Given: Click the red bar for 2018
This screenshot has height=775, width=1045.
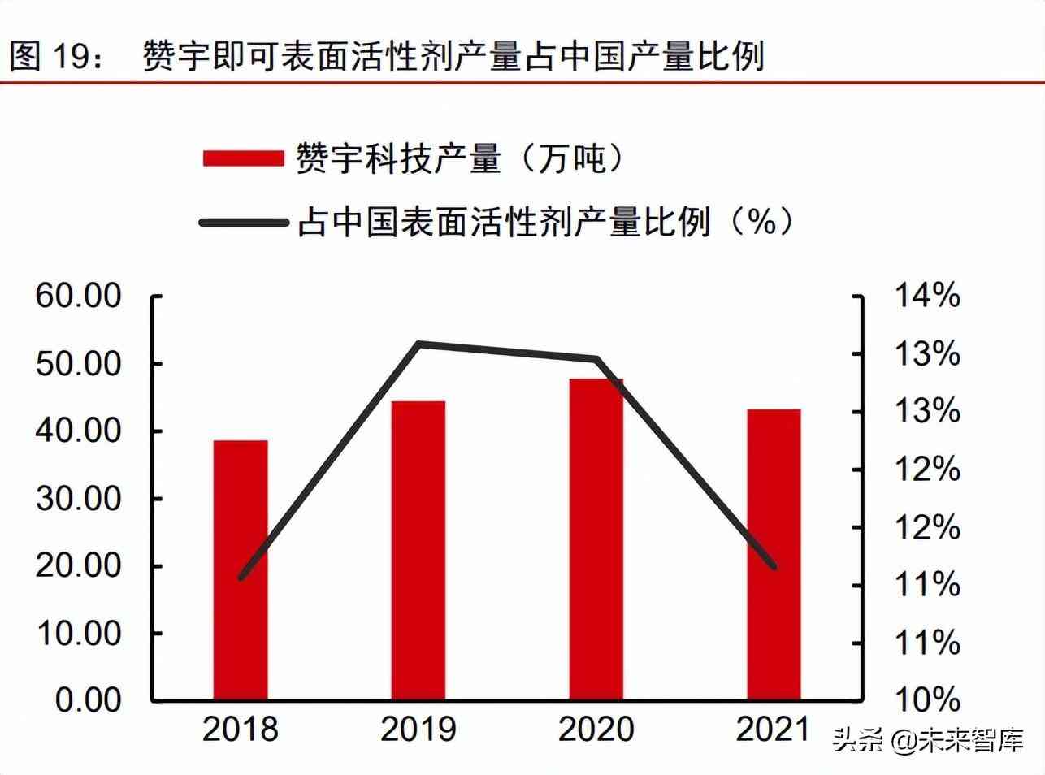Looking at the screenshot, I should (241, 569).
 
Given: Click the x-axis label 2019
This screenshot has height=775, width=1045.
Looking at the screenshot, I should (418, 729).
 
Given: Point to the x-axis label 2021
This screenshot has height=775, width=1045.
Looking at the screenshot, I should (774, 729).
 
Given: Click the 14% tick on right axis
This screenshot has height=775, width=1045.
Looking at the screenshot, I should (927, 296).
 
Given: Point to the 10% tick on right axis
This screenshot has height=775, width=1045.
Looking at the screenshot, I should (927, 700).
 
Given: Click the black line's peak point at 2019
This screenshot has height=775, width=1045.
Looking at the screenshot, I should (418, 344).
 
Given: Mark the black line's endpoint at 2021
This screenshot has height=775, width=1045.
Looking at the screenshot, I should (774, 566).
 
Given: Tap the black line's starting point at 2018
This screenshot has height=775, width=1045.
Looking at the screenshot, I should (241, 577).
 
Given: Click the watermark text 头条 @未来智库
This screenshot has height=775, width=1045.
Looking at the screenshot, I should (927, 740).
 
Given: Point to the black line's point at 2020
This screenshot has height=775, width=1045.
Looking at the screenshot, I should (596, 358).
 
